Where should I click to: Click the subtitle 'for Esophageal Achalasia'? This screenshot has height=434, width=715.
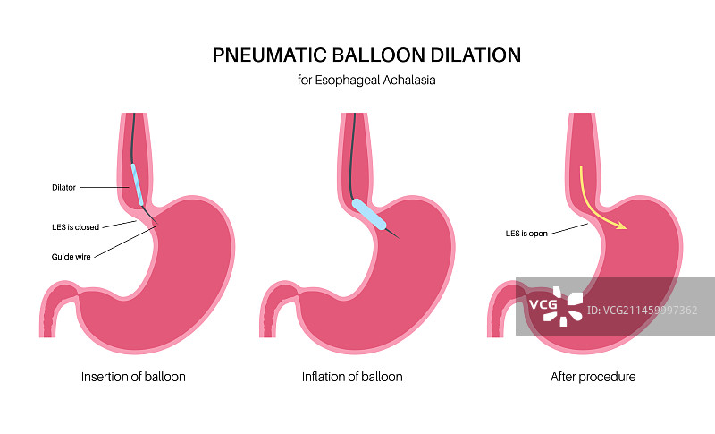click(366, 81)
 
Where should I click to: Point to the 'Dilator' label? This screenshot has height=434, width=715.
click(64, 188)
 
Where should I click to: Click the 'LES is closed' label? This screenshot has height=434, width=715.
click(75, 226)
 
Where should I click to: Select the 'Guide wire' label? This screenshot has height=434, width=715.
click(71, 256)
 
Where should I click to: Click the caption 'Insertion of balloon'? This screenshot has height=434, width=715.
click(133, 377)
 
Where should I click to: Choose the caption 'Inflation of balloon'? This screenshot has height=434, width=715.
click(352, 377)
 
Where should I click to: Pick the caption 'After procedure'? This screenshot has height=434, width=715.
click(593, 377)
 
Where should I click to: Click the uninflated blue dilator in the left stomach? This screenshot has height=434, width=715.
click(138, 184)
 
